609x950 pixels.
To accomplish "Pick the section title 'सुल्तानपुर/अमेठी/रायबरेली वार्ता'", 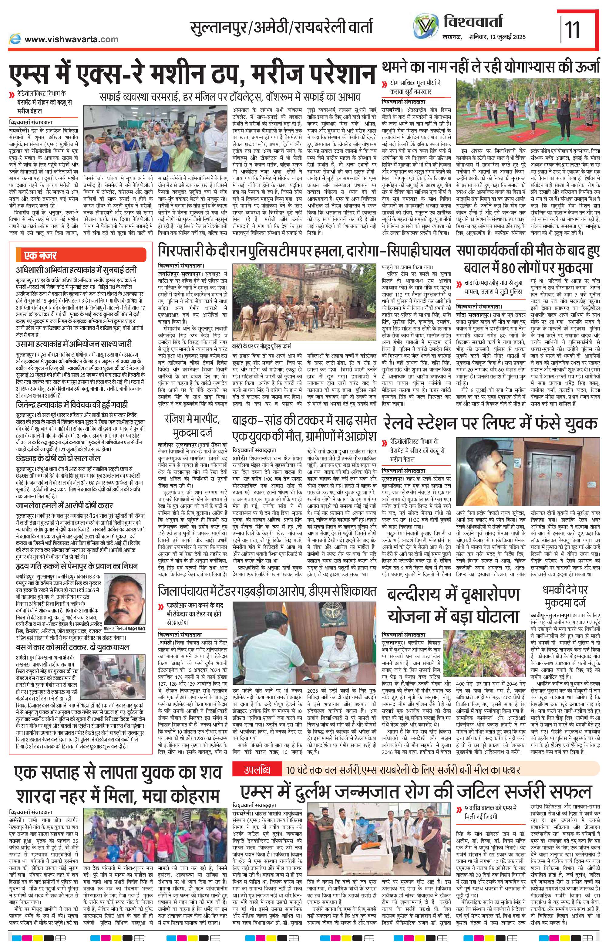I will pyautogui.click(x=281, y=28).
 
